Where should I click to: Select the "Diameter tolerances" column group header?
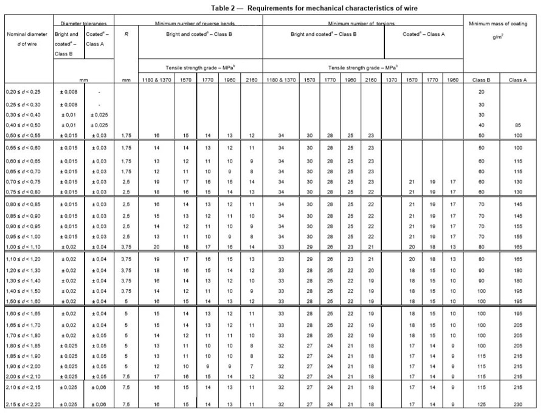(x=85, y=23)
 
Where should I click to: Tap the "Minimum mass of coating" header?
(x=502, y=23)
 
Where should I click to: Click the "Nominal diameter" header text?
(x=27, y=35)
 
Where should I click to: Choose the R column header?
(x=126, y=35)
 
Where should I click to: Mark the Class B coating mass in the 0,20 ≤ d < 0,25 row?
(x=482, y=92)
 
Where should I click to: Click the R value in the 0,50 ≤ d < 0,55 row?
(x=126, y=134)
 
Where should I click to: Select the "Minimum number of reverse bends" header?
(x=199, y=23)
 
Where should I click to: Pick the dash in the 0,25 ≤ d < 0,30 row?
(x=99, y=105)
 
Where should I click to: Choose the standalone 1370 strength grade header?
(x=392, y=80)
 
